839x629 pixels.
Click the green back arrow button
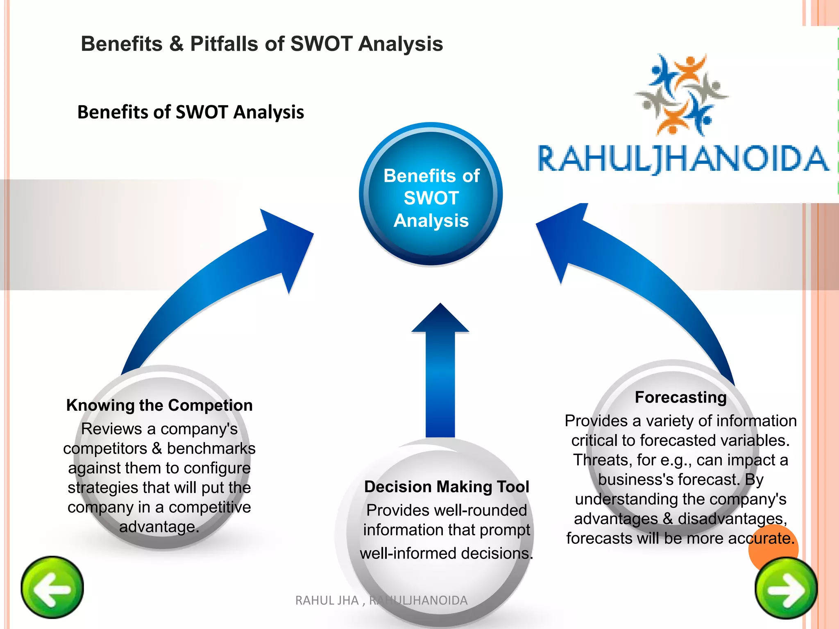[x=52, y=588]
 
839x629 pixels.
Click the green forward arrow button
[x=786, y=589]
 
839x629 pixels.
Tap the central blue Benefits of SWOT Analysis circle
[x=431, y=194]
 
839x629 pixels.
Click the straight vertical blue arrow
[x=440, y=373]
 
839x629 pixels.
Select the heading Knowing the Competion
[x=159, y=405]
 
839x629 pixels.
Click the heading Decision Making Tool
[x=447, y=487]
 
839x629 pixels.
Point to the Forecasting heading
[x=680, y=397]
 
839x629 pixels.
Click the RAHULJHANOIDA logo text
[x=683, y=159]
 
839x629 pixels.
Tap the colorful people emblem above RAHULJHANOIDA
[x=682, y=94]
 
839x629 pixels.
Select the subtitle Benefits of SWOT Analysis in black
[x=190, y=112]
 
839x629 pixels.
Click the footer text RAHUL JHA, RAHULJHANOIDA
[x=381, y=600]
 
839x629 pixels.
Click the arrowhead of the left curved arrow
[x=289, y=246]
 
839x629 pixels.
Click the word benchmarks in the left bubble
[x=211, y=448]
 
